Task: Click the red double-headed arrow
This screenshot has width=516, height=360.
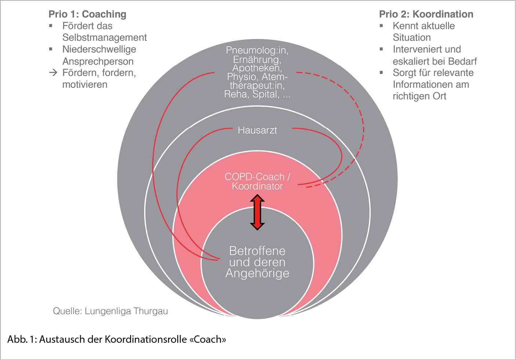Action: (257, 212)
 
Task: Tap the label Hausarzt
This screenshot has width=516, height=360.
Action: (257, 130)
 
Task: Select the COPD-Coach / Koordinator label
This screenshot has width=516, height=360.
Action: (257, 181)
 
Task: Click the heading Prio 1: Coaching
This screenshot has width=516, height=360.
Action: (87, 14)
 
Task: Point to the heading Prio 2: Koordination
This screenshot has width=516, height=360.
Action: (426, 14)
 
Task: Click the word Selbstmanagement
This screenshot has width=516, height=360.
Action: (105, 37)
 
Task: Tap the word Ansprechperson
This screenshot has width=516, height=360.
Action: (98, 61)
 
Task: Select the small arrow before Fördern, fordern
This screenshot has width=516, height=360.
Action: (54, 73)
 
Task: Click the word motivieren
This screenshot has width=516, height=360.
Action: (85, 84)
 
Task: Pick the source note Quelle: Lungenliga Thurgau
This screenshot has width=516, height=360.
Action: (110, 311)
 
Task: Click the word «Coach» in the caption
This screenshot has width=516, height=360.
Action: (208, 339)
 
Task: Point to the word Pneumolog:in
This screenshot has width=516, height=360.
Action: (257, 50)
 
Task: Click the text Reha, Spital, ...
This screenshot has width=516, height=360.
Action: (252, 94)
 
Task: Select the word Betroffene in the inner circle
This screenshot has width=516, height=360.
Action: (257, 251)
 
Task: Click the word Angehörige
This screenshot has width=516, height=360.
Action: (257, 273)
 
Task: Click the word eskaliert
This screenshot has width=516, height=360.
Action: (410, 61)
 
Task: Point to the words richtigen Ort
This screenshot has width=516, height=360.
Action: (419, 96)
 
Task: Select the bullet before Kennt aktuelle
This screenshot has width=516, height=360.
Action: (381, 26)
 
